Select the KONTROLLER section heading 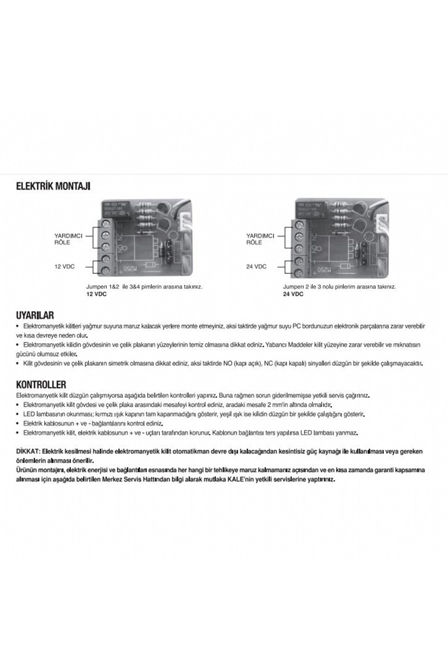tap(41, 385)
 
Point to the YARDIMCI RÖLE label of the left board tap(68, 239)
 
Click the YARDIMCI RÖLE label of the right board tap(260, 239)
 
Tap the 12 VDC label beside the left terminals tap(65, 267)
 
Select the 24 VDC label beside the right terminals tap(256, 267)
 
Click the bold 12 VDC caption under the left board tap(96, 294)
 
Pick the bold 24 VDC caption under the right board tap(293, 294)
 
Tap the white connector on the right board tap(381, 224)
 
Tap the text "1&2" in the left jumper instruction tap(114, 287)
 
